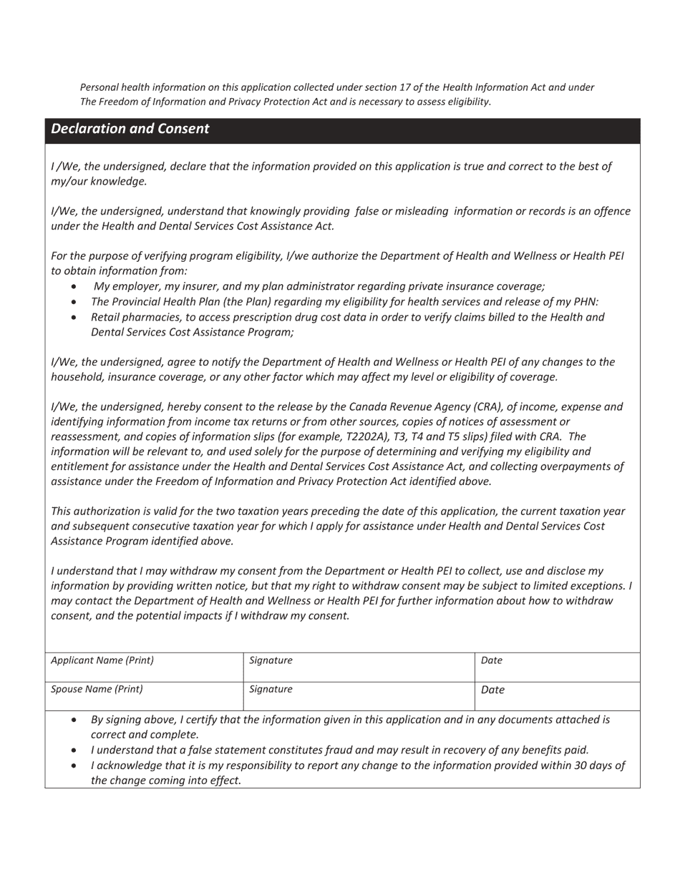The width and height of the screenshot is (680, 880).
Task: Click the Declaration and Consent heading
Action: point(130,129)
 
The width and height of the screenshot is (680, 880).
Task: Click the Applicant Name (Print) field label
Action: point(102,660)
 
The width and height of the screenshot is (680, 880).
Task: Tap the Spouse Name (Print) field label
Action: point(97,689)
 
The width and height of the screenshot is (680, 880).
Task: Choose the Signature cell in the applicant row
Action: point(359,667)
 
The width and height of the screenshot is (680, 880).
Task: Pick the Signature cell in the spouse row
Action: point(359,695)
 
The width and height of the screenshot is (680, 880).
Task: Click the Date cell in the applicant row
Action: point(557,667)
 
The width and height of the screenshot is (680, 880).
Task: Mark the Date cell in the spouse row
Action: point(557,695)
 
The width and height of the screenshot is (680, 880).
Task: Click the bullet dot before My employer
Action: point(75,287)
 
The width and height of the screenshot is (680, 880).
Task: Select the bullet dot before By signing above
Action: point(75,720)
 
